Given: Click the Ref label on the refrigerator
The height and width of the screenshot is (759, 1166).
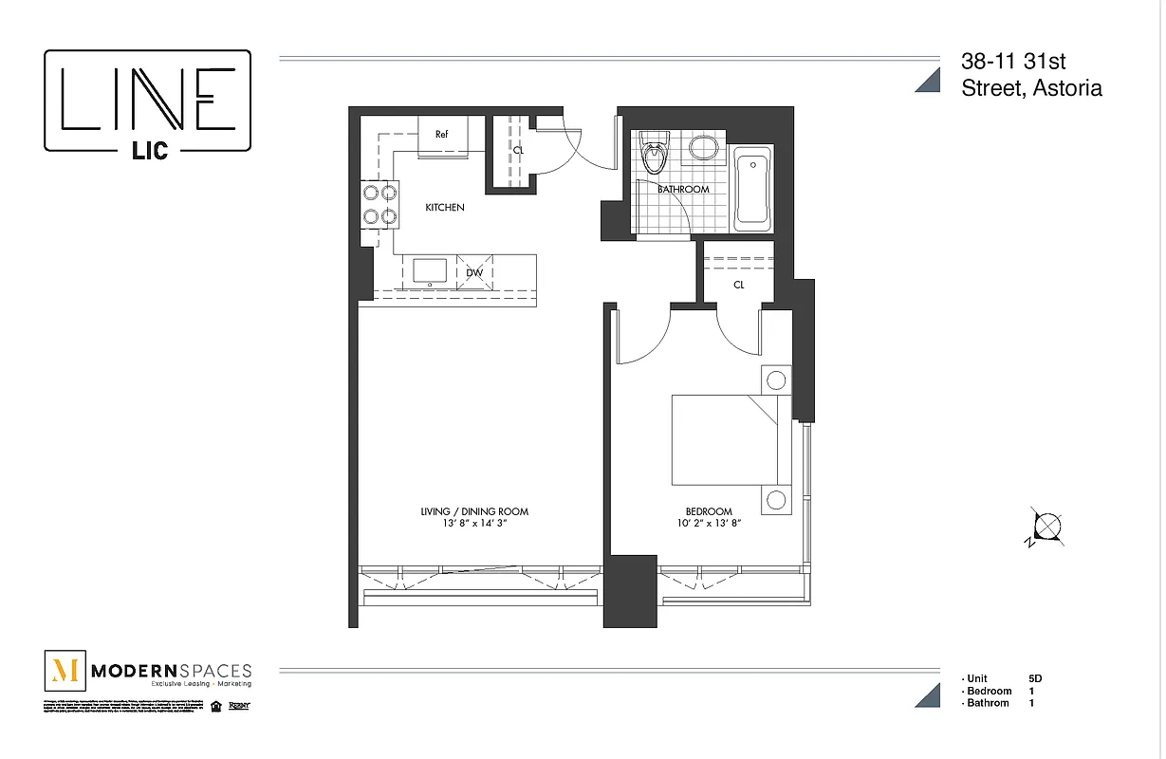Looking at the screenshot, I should [x=441, y=134].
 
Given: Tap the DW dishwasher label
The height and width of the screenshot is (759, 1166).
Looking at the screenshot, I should [x=474, y=273].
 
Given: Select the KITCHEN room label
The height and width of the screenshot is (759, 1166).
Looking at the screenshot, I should [x=444, y=207].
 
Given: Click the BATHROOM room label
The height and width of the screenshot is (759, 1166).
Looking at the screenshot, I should [x=683, y=189].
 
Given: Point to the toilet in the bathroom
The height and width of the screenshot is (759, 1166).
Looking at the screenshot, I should [x=654, y=156].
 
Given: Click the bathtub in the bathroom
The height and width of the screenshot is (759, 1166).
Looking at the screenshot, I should [x=753, y=190].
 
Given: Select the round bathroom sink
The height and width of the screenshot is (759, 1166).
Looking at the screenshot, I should [x=702, y=148].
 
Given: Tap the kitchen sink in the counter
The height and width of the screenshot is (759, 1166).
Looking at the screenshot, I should [x=430, y=270].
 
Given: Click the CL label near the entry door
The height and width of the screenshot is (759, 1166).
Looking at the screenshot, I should [x=518, y=150].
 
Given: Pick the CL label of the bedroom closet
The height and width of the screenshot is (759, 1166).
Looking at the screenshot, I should [x=738, y=284].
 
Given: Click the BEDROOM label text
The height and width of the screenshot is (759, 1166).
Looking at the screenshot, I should [x=709, y=511].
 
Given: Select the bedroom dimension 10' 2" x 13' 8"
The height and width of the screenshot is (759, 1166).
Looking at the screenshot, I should [x=709, y=523].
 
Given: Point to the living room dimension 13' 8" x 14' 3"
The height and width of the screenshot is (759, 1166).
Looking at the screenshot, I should [x=474, y=523].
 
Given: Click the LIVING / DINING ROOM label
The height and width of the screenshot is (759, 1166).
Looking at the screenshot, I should [x=474, y=511].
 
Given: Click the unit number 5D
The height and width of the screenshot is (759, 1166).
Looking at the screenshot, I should [x=1034, y=678].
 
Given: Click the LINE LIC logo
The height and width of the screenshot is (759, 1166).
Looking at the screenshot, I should [x=148, y=101].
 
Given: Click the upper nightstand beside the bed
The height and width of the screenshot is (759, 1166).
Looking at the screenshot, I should [x=776, y=381].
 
